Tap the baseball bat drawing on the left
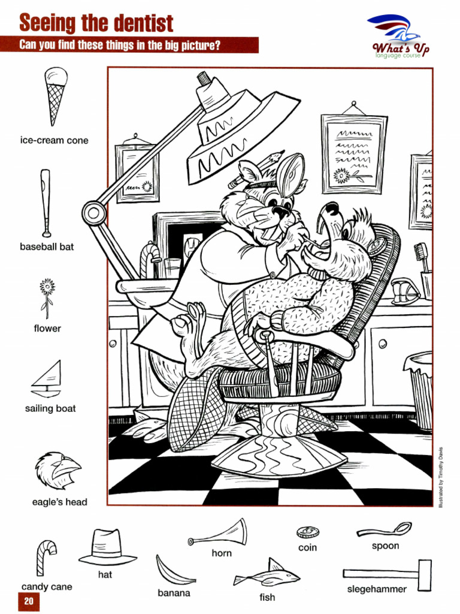tap(46, 203)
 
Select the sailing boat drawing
tap(47, 379)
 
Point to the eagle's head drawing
tap(57, 470)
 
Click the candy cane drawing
tap(46, 557)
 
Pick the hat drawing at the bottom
tap(107, 547)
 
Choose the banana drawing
tap(174, 570)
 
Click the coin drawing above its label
tap(307, 532)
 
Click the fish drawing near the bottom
tap(267, 576)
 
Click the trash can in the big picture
tap(420, 390)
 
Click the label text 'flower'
tap(47, 329)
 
